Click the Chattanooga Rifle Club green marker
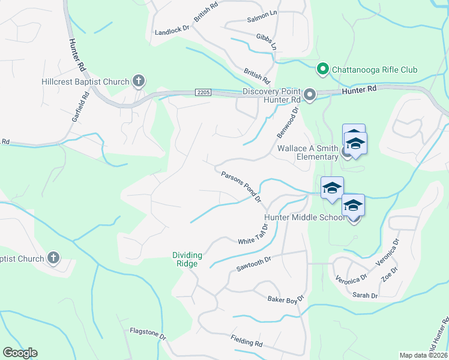(x=322, y=70)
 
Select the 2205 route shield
(x=203, y=91)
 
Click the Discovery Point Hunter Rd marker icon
(x=310, y=95)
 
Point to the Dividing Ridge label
(x=187, y=259)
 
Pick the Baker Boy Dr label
(x=286, y=298)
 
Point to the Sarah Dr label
(x=365, y=295)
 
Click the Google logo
(x=20, y=353)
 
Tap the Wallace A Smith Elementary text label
(x=307, y=152)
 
